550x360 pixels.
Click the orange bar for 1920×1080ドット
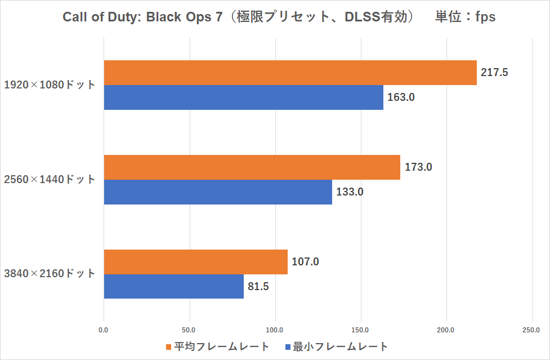tap(290, 73)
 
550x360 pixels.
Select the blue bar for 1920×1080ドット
tap(243, 97)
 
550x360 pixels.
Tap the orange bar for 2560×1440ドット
tap(252, 167)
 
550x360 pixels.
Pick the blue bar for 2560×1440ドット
tap(218, 192)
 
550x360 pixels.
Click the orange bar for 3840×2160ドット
tap(195, 262)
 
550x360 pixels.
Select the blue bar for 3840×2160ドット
tap(173, 287)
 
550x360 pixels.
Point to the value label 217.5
tap(495, 73)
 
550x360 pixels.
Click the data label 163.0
tap(401, 97)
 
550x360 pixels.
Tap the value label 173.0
tap(418, 167)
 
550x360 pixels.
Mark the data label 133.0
tap(350, 192)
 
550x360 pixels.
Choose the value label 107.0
tap(305, 262)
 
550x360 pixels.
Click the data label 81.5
tap(258, 287)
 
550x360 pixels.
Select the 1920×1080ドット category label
tap(50, 85)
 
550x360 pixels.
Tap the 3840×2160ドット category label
tap(50, 274)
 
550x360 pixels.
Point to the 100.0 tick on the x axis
tap(275, 329)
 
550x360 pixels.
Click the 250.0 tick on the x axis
tap(531, 329)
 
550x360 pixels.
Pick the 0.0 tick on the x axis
tap(104, 329)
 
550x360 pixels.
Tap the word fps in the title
tap(485, 17)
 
